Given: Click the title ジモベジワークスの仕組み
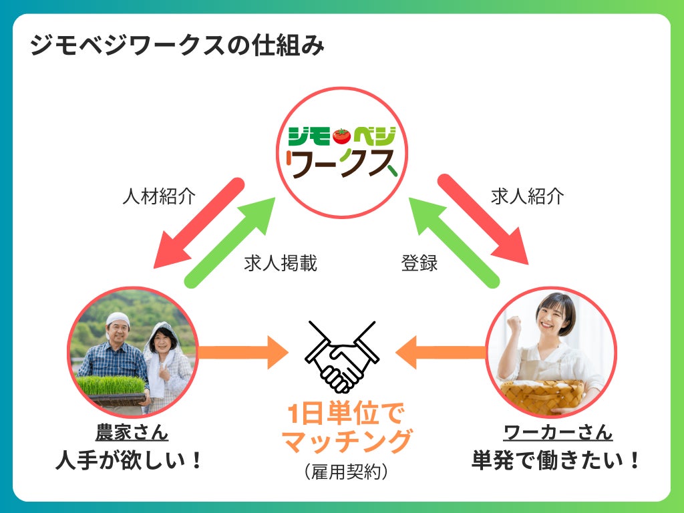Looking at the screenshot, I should coord(177,47).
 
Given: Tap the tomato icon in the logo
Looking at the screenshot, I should coord(343,136).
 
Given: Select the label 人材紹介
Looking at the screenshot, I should coord(159,196).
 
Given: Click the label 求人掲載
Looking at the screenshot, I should coord(281,263).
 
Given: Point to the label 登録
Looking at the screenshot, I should coord(419,263).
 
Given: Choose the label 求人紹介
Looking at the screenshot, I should coord(528,196).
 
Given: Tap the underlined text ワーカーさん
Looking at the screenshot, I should coord(558,432).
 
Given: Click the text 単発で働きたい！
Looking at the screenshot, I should coord(556,461).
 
